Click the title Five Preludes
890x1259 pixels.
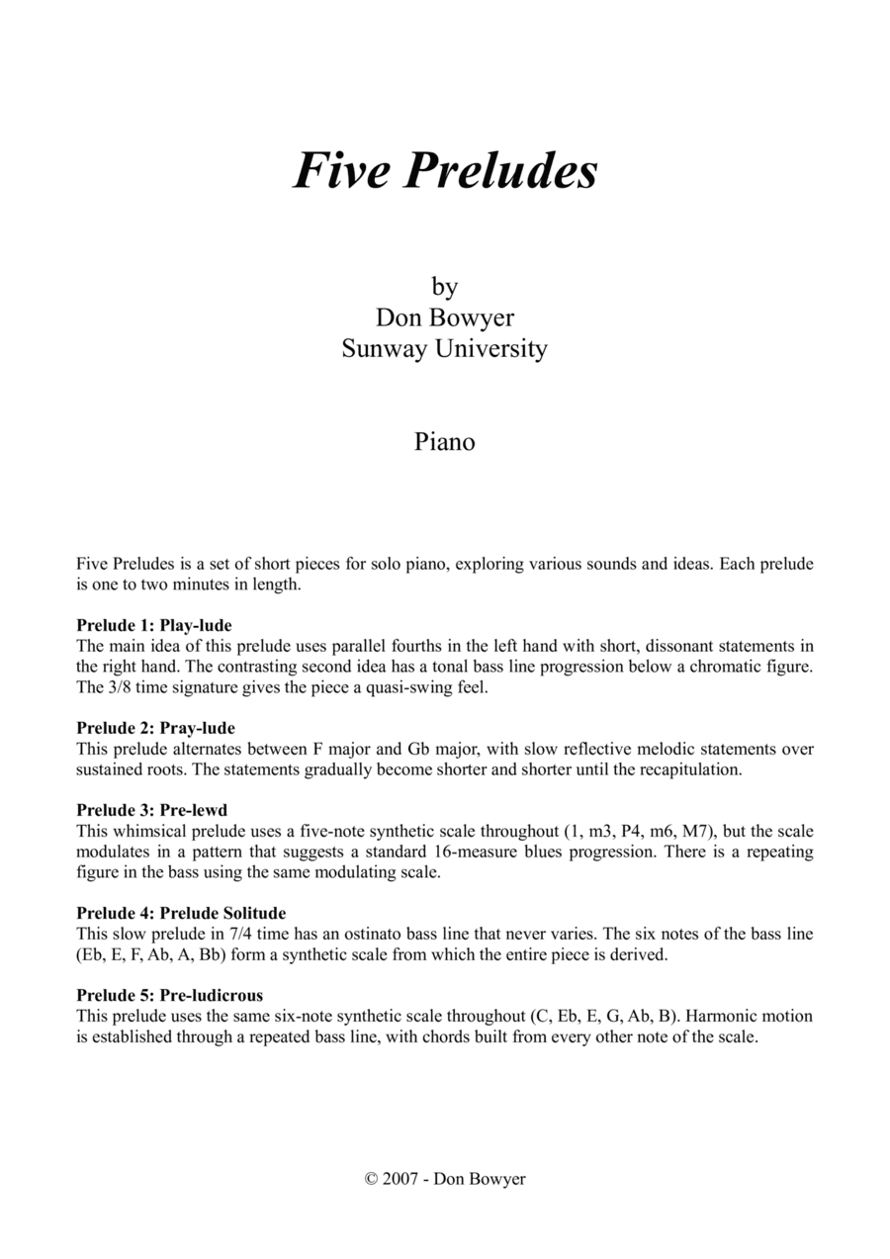(x=445, y=171)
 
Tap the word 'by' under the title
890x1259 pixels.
(x=445, y=287)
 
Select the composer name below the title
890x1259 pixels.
(x=445, y=317)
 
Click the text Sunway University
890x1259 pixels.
(x=445, y=348)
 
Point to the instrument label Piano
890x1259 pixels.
(x=445, y=441)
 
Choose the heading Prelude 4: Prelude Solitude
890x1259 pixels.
(x=181, y=913)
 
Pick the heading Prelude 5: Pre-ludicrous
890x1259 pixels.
(x=169, y=994)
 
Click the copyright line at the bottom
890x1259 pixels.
(x=445, y=1179)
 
